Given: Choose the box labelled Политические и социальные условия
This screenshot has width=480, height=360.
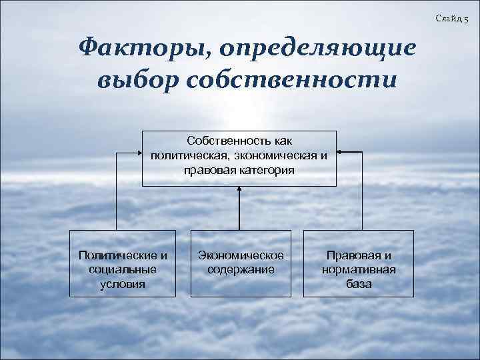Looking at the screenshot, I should point(123,263).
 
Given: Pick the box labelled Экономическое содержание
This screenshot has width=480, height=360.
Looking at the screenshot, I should point(241,263).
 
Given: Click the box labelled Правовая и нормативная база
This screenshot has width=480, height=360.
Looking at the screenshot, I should point(359,263).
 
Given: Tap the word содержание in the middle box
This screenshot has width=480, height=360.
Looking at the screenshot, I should point(241,270).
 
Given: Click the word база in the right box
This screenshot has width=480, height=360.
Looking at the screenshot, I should point(359,284).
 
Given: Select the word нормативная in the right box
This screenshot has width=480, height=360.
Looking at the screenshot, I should point(359,270).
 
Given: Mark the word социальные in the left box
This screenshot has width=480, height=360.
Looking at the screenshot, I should point(123,270).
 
